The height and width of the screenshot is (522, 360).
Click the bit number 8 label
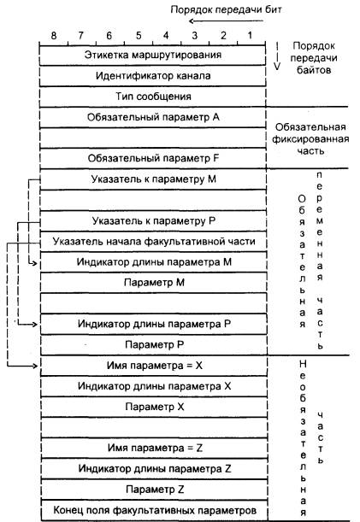[54, 35]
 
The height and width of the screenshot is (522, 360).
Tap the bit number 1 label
[250, 35]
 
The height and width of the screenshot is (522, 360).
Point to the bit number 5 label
[139, 35]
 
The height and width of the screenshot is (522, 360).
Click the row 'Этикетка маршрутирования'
[153, 56]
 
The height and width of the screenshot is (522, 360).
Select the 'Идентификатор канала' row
[153, 76]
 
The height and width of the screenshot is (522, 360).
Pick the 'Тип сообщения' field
[153, 97]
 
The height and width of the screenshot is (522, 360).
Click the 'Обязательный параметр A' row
[153, 118]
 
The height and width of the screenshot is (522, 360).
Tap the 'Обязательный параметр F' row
[153, 158]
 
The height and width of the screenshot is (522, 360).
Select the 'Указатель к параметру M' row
[153, 179]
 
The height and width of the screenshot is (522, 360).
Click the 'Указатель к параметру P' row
[153, 221]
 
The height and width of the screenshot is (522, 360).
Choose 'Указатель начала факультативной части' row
[153, 242]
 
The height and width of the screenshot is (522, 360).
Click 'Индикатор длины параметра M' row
[153, 262]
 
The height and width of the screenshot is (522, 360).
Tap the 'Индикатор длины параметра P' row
[154, 324]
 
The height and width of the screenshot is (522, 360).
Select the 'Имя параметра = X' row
[154, 366]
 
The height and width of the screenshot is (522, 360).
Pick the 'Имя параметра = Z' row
[154, 448]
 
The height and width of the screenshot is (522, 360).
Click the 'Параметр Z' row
[154, 490]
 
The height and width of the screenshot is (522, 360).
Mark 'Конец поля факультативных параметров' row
[154, 510]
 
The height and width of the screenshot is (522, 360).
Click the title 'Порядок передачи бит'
[226, 9]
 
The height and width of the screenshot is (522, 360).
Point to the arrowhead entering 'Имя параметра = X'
[35, 366]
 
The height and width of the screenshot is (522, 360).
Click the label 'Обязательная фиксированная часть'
[310, 138]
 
